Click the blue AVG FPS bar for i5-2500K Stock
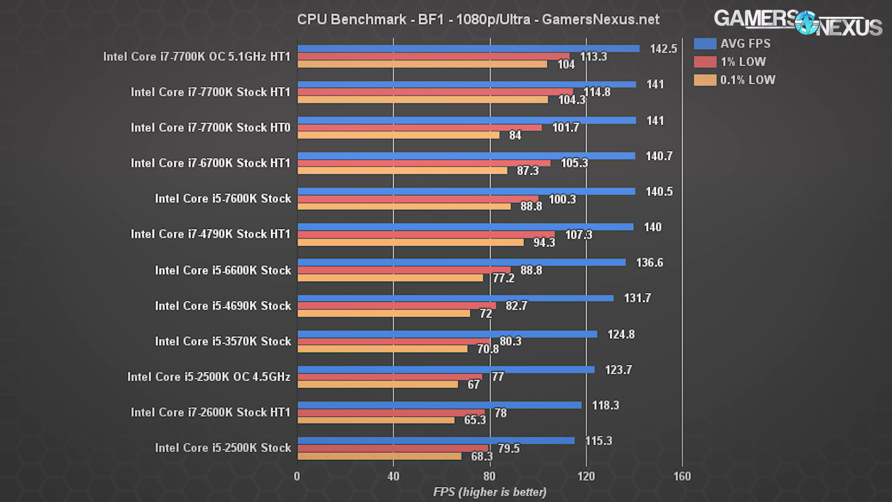(x=436, y=441)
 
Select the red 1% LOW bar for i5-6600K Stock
(x=404, y=270)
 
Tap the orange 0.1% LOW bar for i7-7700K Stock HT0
(x=398, y=135)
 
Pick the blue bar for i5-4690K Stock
(x=455, y=298)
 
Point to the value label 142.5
(x=663, y=49)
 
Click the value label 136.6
(x=649, y=263)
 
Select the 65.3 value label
(x=475, y=420)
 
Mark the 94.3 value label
(x=544, y=243)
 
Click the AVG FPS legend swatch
(x=705, y=44)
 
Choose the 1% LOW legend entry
(x=743, y=62)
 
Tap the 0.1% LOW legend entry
(x=748, y=80)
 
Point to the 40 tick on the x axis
(x=393, y=476)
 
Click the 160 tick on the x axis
(x=682, y=476)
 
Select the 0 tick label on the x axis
(x=297, y=476)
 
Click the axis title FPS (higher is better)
(x=490, y=492)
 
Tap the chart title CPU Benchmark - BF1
(x=478, y=20)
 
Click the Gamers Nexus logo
(x=798, y=22)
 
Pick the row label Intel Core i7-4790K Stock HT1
(x=210, y=234)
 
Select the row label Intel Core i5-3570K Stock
(x=223, y=341)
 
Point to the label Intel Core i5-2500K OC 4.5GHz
(x=209, y=376)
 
